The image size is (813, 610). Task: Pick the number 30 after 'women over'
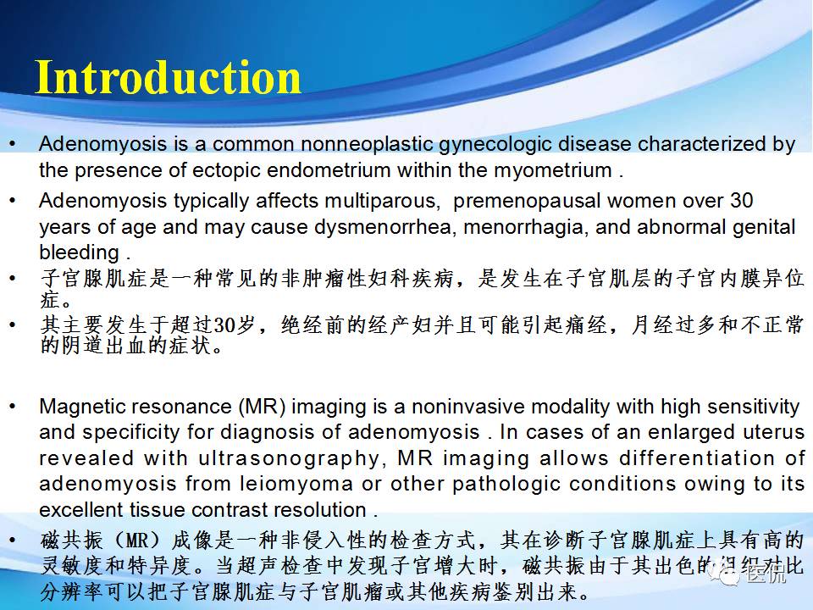tap(741, 202)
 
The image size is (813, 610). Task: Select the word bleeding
tap(79, 252)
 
